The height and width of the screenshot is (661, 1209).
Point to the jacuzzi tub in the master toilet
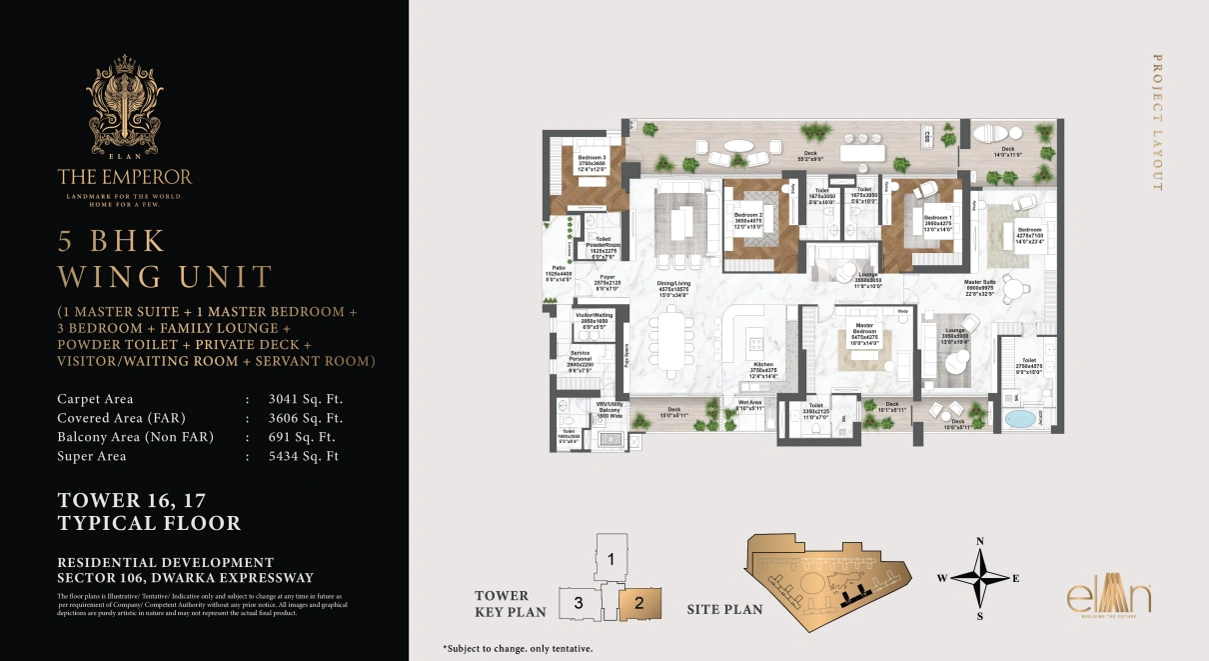coord(1019,417)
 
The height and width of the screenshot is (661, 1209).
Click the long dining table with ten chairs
coord(671,338)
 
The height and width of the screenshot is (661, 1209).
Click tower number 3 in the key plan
coord(578,603)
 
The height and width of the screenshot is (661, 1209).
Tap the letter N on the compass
coord(980,541)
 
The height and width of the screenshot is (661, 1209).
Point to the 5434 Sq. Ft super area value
coord(305,456)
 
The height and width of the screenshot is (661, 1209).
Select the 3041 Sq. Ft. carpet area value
coord(305,399)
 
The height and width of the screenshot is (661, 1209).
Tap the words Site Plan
coord(724,609)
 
